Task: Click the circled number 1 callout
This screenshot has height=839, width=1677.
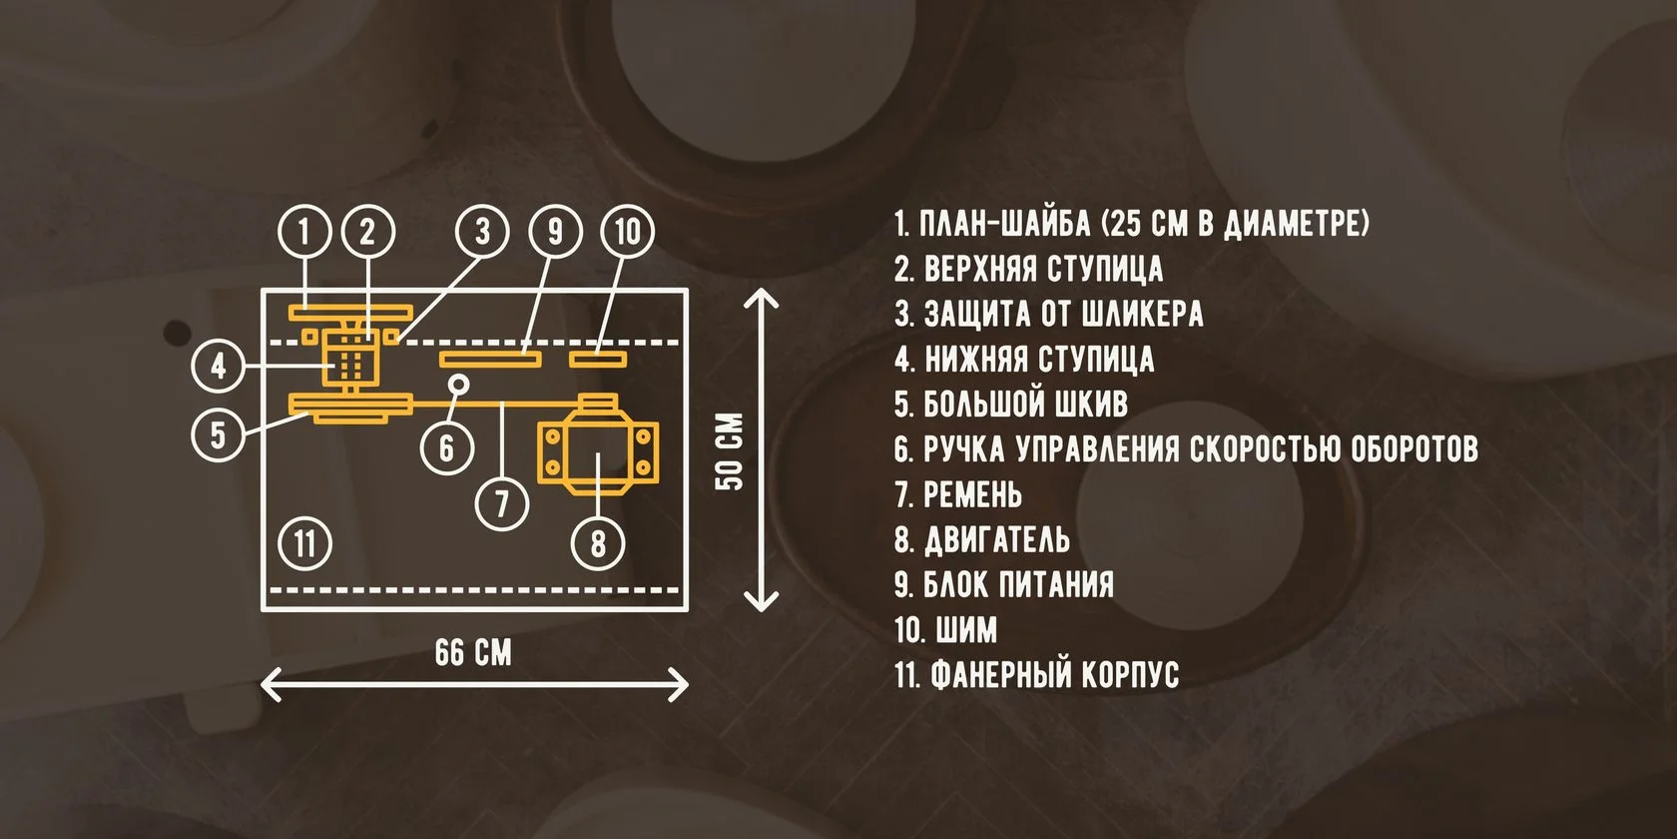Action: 304,232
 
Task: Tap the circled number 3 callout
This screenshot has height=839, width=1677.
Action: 483,232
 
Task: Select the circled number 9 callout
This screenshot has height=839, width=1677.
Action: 555,232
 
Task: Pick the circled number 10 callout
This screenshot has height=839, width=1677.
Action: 627,232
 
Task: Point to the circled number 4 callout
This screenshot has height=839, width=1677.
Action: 219,366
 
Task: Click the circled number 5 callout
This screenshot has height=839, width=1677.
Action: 219,435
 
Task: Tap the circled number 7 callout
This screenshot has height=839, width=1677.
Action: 502,502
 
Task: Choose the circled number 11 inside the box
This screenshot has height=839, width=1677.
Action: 304,543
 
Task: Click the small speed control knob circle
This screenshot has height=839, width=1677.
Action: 458,383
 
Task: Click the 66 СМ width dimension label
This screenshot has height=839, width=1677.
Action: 473,653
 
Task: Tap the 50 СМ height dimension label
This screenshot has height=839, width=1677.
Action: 731,450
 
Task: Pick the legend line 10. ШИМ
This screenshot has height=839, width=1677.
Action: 946,630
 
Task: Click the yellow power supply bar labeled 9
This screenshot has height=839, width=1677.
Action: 490,358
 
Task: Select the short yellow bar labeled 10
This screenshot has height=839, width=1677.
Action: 598,358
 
